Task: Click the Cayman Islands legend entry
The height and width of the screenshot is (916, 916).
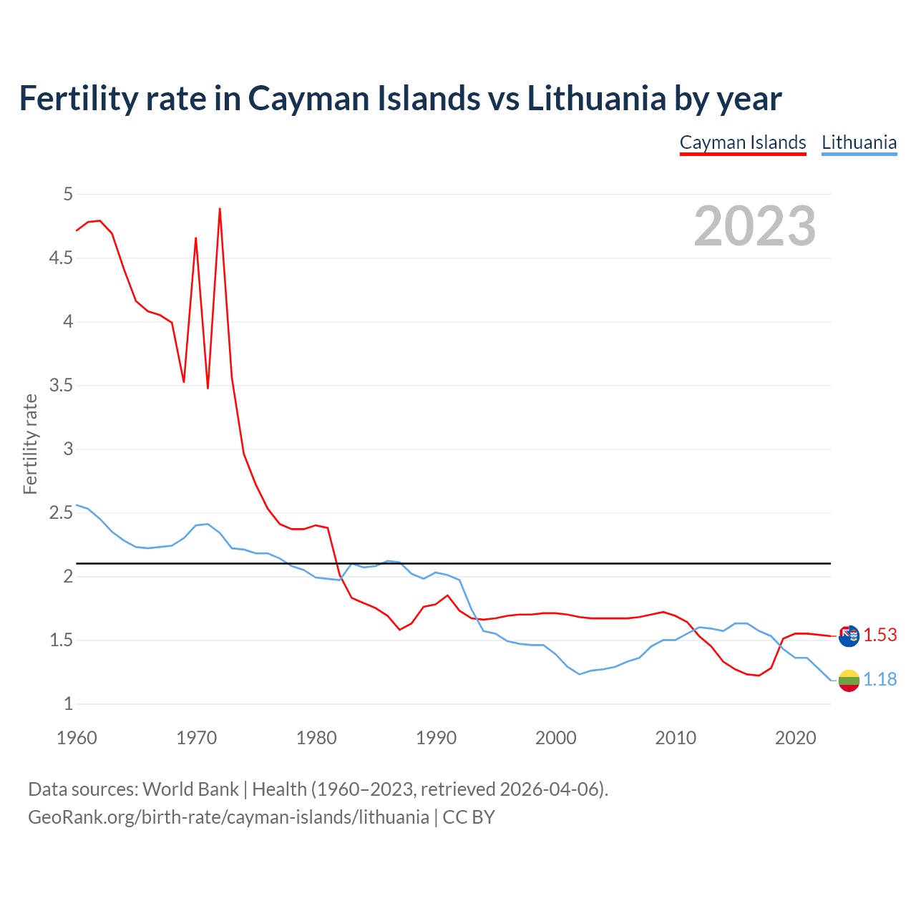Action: coord(743,142)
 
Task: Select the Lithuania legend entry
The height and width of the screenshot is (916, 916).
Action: coord(859,142)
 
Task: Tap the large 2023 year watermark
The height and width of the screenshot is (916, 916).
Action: coord(755,226)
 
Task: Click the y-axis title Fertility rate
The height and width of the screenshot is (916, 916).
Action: coord(30,444)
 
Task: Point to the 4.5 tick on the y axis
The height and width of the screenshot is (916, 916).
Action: coord(61,258)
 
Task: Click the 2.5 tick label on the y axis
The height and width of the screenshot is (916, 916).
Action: coord(61,513)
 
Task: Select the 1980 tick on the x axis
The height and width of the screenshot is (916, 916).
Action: coord(316,738)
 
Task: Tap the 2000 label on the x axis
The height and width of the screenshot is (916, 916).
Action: coord(555,738)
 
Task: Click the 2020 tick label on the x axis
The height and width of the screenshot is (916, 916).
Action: coord(795,738)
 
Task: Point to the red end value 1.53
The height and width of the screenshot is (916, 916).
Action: coord(880,635)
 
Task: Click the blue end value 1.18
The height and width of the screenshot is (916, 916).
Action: coord(880,679)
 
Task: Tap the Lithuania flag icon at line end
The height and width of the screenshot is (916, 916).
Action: coord(849,681)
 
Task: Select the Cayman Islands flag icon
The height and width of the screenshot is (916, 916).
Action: coord(849,635)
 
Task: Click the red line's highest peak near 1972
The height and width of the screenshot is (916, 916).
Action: coord(220,209)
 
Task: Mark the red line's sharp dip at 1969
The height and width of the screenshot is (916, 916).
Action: coord(184,381)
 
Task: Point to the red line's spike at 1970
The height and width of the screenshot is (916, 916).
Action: coord(195,238)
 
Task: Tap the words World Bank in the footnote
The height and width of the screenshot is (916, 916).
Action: coord(190,789)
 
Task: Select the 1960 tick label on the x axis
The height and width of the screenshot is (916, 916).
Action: coord(77,738)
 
